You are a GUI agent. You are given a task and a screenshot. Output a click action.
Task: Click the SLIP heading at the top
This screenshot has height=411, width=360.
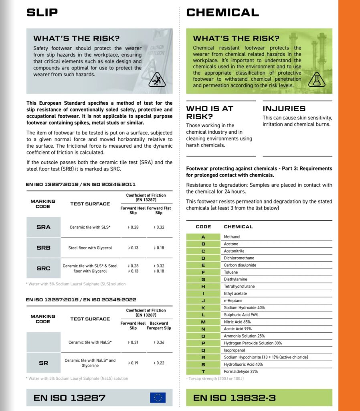point(42,12)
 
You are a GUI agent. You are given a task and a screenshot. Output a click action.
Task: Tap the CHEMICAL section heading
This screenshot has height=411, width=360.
point(222,12)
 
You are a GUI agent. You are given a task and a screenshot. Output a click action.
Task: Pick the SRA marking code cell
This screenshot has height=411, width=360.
point(43,227)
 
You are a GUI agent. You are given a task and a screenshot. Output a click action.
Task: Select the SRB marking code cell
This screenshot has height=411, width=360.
point(43,248)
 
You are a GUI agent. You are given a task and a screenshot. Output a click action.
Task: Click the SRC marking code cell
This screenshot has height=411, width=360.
point(43,268)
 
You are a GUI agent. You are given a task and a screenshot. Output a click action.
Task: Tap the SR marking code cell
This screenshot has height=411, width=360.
point(43,363)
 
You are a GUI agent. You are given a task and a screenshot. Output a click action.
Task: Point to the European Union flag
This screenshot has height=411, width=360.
point(158,397)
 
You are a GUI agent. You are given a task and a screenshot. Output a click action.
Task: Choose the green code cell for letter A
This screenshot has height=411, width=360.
point(203,237)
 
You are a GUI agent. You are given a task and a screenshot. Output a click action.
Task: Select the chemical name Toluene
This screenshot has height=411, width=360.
point(231,273)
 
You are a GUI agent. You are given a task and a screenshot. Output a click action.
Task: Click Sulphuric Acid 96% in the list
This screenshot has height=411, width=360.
point(241,315)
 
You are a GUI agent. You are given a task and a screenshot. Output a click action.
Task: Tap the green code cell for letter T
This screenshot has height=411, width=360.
point(203,372)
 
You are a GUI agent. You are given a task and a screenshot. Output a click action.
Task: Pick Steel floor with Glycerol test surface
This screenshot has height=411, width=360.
point(90,248)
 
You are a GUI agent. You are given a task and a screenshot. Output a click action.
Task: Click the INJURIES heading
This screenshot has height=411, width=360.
point(284,109)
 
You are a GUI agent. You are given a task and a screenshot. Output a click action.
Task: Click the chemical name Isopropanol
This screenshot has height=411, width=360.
point(234,350)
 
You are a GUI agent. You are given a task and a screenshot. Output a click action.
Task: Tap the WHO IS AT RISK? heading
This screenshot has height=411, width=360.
point(209,112)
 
